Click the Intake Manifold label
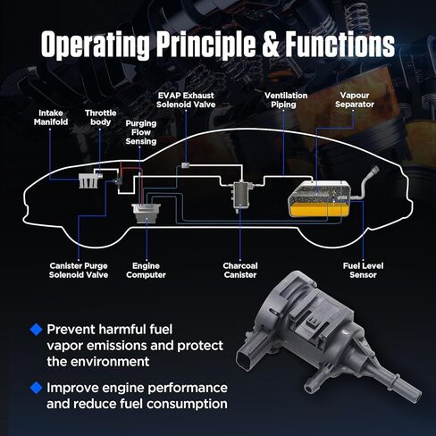tap(51, 117)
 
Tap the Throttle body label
tap(101, 117)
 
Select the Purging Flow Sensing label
tap(141, 132)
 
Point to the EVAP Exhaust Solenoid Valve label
tap(186, 100)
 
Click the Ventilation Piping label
tap(286, 100)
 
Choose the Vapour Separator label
tap(355, 100)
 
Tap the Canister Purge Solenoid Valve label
tap(79, 270)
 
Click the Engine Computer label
tap(146, 270)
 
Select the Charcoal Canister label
tap(240, 270)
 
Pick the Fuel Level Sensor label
tap(363, 270)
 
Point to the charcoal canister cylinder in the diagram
tap(241, 196)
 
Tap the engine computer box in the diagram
tap(147, 213)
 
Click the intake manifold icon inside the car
tap(88, 180)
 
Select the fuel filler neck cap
tap(374, 171)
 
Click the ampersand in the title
tap(271, 45)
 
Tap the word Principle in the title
tap(206, 46)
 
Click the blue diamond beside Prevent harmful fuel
tap(37, 330)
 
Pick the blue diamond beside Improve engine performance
tap(37, 388)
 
